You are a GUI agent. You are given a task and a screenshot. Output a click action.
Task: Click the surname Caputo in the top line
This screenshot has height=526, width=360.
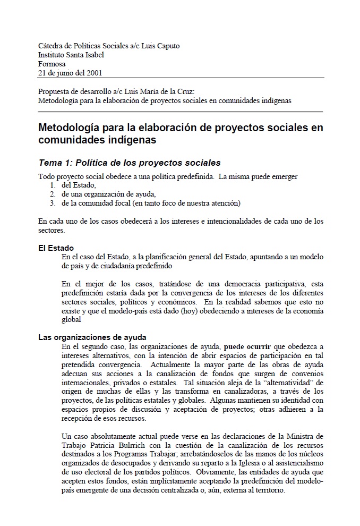[167, 46]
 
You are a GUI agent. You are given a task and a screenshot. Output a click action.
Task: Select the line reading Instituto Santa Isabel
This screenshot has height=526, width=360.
[71, 54]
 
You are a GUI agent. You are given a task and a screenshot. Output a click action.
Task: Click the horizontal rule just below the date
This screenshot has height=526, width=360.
[181, 78]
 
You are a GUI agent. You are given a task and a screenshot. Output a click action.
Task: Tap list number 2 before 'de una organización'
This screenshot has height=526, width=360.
[53, 194]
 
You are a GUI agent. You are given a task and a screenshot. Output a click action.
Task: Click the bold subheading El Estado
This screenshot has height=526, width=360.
[56, 248]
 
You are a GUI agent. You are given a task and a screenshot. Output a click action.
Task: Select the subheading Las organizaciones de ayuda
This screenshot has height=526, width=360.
[92, 337]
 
